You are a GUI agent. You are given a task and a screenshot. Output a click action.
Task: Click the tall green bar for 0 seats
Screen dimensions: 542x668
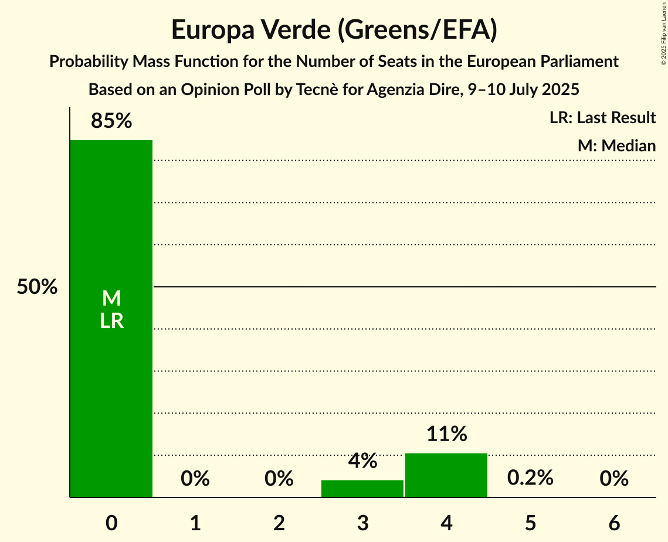click(111, 235)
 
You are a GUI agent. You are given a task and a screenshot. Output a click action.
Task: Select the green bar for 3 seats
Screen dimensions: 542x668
click(362, 489)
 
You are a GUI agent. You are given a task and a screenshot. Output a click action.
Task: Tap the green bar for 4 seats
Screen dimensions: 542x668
click(446, 475)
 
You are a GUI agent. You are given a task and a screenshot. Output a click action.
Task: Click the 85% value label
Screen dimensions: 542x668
click(111, 121)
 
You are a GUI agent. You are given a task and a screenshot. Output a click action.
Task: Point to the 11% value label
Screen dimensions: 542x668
click(446, 434)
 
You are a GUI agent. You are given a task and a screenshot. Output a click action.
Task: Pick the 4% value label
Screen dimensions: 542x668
click(362, 461)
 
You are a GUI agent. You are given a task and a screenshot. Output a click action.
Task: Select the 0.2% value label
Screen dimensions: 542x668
click(530, 478)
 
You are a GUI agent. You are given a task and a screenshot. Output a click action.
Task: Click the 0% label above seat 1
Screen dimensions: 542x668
click(195, 479)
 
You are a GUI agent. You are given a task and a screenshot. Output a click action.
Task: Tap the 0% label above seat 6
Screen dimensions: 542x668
click(614, 479)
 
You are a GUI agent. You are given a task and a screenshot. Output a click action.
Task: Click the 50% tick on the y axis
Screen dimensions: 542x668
click(37, 287)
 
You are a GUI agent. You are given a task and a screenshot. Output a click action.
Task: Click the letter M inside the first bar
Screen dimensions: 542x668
click(111, 299)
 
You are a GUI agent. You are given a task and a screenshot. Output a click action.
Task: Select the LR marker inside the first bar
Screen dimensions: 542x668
click(111, 321)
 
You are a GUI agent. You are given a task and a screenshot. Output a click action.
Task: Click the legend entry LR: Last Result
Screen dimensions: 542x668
click(602, 118)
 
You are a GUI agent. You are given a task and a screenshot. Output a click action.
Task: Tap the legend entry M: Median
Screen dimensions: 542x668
click(616, 145)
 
